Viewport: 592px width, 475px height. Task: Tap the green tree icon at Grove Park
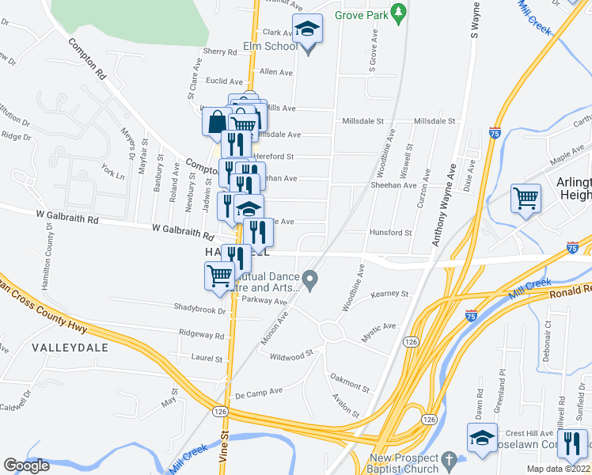pos(400,13)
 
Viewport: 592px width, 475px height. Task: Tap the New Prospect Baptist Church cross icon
pos(449,459)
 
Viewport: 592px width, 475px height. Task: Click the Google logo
pos(26,465)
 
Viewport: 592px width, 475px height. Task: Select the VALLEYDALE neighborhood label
pos(64,347)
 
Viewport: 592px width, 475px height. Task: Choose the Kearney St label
pos(392,294)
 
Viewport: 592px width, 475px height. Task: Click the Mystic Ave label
pos(378,326)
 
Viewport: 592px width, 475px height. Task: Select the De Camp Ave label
pos(259,391)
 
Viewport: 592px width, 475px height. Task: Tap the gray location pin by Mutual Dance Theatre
pos(311,279)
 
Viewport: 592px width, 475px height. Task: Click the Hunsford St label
pos(391,233)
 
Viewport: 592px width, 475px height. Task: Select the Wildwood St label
pos(292,357)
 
